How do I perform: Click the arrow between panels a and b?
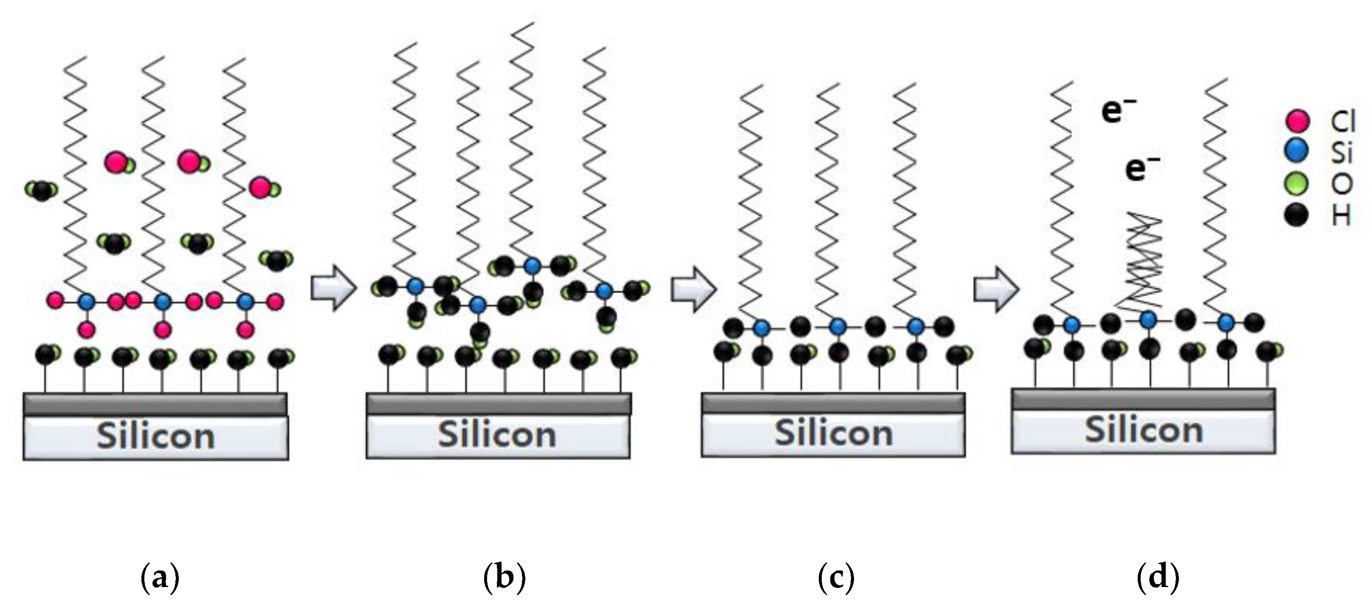(x=333, y=287)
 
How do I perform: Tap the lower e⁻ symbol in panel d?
(x=1141, y=169)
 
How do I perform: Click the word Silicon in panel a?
(x=156, y=436)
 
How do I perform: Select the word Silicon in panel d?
(x=1144, y=430)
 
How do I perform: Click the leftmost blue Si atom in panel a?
(x=86, y=302)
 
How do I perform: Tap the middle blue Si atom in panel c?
(x=838, y=326)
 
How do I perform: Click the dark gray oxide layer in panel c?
(x=833, y=403)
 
